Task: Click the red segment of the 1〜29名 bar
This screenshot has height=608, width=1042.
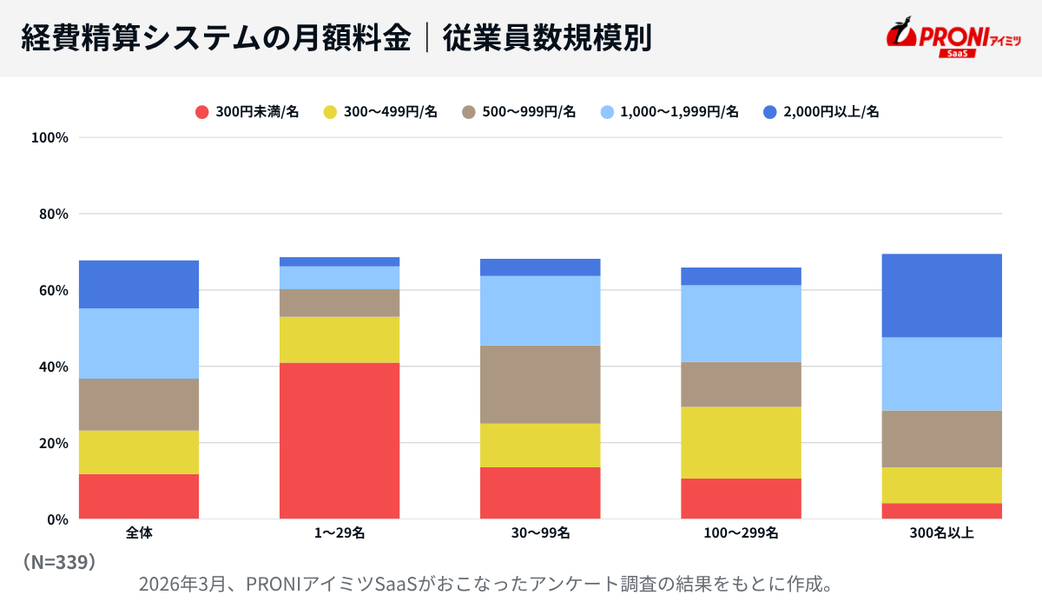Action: [340, 440]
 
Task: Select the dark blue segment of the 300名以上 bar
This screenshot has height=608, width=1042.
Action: [941, 295]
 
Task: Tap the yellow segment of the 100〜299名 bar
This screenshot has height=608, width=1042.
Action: [741, 442]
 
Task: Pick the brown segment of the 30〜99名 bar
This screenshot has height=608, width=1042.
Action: [540, 384]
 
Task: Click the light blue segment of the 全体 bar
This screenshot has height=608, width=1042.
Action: [139, 343]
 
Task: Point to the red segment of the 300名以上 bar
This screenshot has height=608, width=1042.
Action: [941, 511]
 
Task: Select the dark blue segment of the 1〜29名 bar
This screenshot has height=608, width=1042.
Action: [340, 261]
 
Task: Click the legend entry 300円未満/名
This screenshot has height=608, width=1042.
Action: [247, 111]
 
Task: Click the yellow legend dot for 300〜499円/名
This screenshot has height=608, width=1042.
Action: [329, 111]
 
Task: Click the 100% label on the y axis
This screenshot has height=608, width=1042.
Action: [49, 137]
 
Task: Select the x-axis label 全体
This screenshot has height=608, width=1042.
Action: [139, 533]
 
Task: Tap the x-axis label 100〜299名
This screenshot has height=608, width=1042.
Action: [741, 533]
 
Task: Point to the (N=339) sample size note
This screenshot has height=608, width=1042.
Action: [58, 562]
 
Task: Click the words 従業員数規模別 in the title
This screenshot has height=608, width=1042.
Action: [547, 38]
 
